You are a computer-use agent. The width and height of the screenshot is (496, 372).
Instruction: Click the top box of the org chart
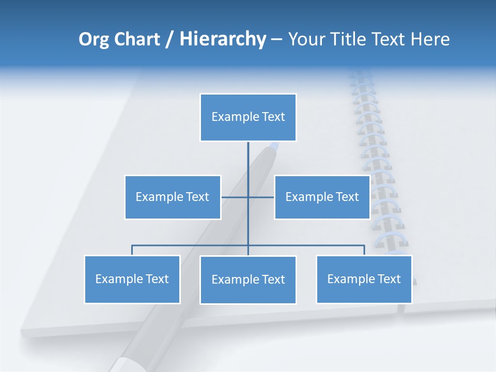pos(248,117)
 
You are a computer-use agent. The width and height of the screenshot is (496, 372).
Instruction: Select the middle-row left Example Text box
pos(173,197)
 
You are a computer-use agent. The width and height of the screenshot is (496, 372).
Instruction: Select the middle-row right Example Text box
pos(322,197)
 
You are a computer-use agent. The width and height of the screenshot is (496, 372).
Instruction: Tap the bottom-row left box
pos(132,279)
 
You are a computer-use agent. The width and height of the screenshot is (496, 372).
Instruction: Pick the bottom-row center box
pos(248,280)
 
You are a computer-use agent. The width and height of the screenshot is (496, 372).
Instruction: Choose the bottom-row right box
pos(364,279)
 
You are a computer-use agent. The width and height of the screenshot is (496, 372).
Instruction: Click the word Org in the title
pos(94,39)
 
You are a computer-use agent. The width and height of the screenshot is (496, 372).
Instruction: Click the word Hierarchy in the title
pos(223,39)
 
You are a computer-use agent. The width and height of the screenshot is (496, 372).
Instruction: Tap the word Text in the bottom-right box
pos(389,279)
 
